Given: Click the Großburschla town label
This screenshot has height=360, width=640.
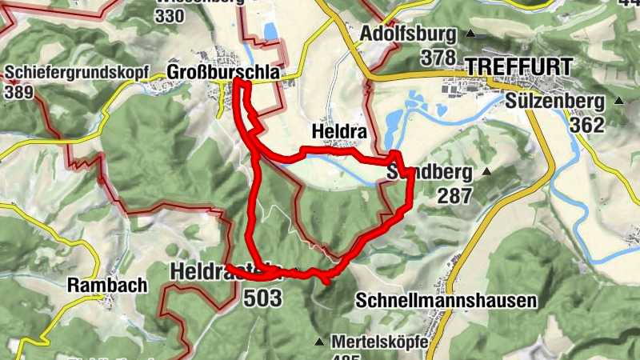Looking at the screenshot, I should (224, 72).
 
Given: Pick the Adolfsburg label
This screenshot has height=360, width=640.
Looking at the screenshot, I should (408, 34).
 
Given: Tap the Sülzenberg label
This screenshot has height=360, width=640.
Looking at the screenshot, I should (554, 102).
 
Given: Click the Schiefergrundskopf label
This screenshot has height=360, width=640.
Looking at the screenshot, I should (76, 72).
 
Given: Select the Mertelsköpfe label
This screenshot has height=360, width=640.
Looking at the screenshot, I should (380, 341).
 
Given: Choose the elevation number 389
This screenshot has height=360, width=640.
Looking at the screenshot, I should (18, 91).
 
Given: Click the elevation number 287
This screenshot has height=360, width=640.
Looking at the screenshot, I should (454, 194).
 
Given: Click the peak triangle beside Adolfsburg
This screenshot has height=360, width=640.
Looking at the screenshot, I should (470, 34).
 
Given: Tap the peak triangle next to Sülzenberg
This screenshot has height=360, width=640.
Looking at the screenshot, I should (618, 102).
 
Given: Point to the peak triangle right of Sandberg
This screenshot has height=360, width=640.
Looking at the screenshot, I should (487, 171).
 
